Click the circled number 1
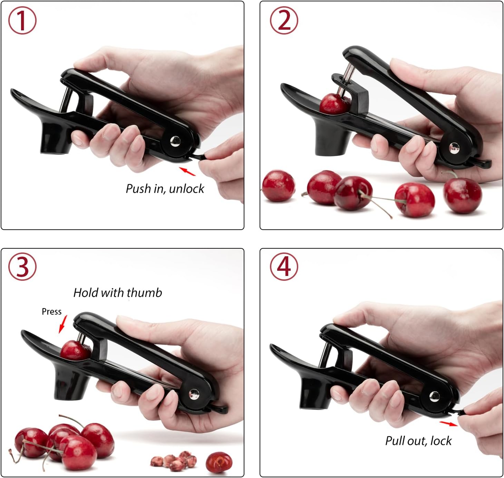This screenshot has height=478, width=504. [x=22, y=20]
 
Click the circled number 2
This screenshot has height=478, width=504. [x=284, y=20]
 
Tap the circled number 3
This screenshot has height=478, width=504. [x=22, y=267]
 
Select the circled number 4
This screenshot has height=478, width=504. [x=284, y=267]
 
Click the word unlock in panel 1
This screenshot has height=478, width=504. [x=186, y=189]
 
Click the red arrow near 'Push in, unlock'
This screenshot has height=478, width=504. [x=187, y=171]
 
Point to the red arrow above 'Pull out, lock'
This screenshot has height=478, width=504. [x=448, y=423]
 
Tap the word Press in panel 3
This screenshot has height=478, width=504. [x=51, y=312]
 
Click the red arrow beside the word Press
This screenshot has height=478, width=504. [x=63, y=324]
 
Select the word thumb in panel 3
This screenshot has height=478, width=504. [x=144, y=293]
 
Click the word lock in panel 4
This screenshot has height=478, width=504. [x=441, y=441]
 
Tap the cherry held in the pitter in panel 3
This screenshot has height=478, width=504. [x=75, y=351]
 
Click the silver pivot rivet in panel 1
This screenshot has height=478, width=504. [x=175, y=141]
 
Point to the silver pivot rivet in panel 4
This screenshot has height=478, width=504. [x=434, y=396]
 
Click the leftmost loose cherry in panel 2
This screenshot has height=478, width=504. [x=278, y=186]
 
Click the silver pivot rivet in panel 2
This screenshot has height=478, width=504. [x=454, y=148]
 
